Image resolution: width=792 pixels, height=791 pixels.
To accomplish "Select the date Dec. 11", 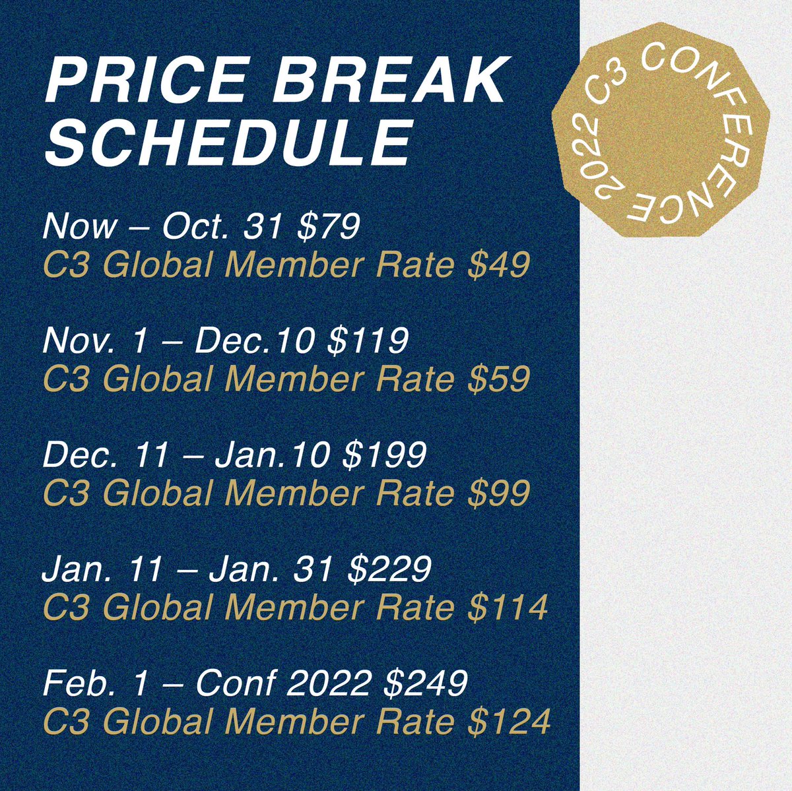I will click(x=106, y=456).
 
